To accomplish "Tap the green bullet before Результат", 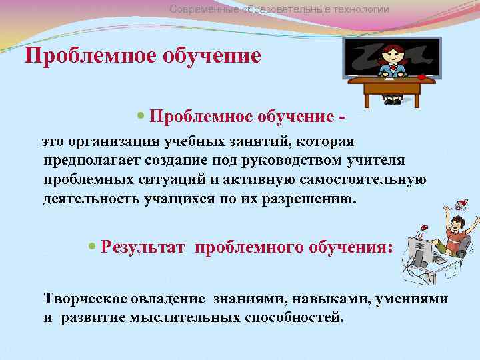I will (93, 247).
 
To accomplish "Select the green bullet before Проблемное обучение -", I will (140, 117).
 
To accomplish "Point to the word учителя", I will (375, 161).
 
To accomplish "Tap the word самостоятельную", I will (367, 180).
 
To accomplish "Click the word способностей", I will (294, 317).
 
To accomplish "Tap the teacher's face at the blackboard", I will (393, 54).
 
